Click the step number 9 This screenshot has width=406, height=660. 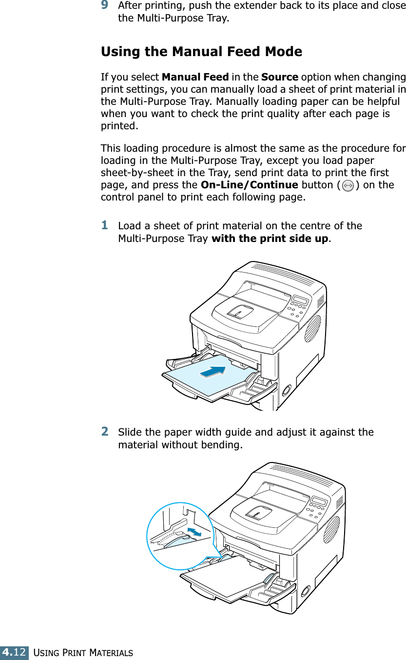104,5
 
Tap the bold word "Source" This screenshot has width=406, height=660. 280,77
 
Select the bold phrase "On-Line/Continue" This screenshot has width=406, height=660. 250,185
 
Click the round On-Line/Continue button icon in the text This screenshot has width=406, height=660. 348,186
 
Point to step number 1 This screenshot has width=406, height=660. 104,225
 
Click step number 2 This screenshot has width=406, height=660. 104,431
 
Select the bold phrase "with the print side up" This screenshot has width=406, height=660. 270,238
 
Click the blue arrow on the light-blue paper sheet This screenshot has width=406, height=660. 213,372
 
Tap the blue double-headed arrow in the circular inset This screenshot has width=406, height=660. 194,532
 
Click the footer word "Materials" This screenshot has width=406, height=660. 111,653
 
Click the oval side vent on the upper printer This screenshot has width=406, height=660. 312,328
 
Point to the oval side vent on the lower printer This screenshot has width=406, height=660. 331,529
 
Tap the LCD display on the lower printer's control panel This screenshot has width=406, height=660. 319,501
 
